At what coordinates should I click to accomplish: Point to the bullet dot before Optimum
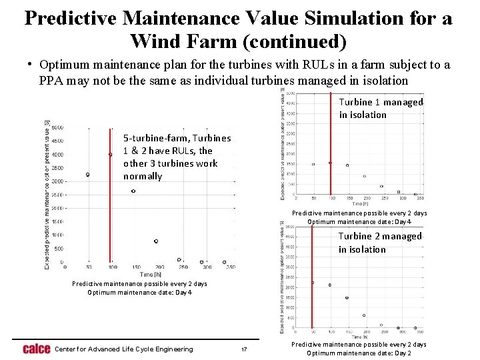[31, 65]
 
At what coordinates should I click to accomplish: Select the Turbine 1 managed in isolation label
[381, 108]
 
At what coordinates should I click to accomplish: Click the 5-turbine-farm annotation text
[177, 157]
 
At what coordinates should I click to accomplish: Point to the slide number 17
[244, 349]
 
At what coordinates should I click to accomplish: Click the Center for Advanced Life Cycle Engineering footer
[123, 349]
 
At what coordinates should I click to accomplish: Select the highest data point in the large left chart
[111, 154]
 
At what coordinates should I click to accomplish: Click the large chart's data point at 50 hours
[88, 175]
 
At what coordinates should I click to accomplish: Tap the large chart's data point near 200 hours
[156, 241]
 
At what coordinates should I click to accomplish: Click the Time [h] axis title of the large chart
[150, 274]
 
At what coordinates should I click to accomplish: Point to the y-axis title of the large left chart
[47, 195]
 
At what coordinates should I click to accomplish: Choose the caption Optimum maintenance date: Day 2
[359, 353]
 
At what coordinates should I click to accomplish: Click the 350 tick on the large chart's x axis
[230, 267]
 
